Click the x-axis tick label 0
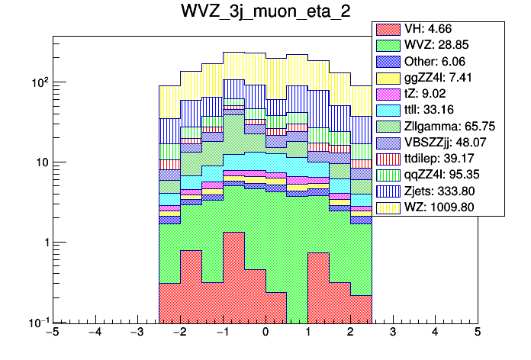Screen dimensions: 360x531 265,333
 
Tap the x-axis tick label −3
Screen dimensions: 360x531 137,333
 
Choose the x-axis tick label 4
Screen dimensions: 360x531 435,333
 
